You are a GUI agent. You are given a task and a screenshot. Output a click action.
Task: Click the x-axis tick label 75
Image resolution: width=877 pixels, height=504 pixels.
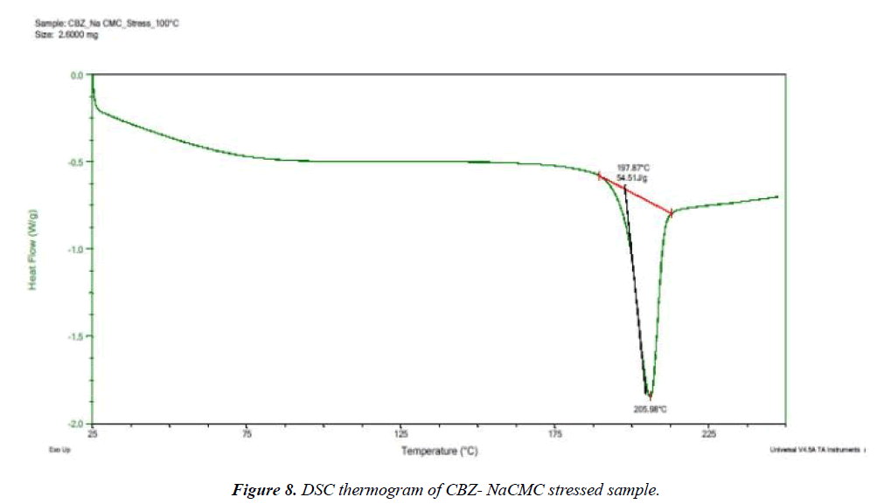click(247, 433)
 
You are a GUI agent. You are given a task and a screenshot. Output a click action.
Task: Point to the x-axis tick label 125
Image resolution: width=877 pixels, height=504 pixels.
click(401, 433)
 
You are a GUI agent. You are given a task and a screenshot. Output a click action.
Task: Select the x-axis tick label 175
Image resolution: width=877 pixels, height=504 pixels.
click(555, 433)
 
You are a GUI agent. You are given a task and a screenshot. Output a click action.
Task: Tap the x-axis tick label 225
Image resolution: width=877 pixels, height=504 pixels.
click(709, 433)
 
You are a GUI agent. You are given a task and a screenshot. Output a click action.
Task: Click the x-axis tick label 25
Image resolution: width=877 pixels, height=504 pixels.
click(93, 433)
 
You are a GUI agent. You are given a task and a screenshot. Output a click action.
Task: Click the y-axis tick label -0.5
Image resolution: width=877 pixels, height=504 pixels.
click(74, 162)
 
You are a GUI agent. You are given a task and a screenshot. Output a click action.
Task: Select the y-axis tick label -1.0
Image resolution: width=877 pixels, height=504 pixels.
click(74, 250)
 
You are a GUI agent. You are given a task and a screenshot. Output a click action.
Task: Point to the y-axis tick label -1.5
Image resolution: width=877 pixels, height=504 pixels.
click(74, 337)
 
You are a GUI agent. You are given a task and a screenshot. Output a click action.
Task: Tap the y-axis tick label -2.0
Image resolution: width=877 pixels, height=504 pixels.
click(74, 424)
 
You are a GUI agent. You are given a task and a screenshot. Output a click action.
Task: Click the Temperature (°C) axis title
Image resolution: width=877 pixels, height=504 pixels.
click(440, 451)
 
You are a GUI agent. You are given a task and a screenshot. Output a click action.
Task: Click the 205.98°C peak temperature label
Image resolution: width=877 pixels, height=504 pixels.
click(651, 408)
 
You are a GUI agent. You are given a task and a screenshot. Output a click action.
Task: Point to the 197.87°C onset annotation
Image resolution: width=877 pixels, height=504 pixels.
click(634, 167)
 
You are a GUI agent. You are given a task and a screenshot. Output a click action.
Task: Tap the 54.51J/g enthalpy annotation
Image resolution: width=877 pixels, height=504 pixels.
click(633, 177)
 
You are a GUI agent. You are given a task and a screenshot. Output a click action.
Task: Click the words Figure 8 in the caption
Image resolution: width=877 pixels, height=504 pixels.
click(258, 489)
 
